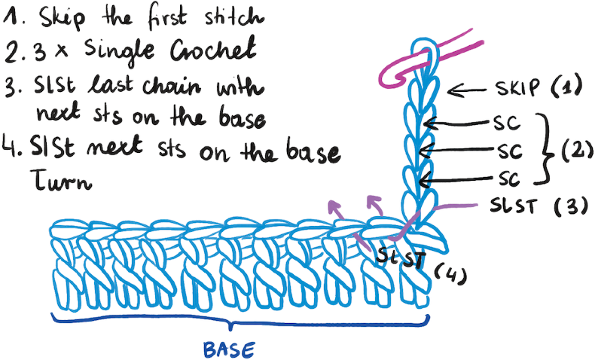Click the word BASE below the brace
pyautogui.click(x=229, y=349)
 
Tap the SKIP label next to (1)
pyautogui.click(x=517, y=87)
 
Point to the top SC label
pyautogui.click(x=507, y=123)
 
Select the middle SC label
pyautogui.click(x=510, y=151)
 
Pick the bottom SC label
pyautogui.click(x=509, y=178)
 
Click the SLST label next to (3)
pyautogui.click(x=513, y=206)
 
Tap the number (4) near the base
pyautogui.click(x=450, y=274)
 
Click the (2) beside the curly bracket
pyautogui.click(x=577, y=151)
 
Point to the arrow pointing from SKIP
pyautogui.click(x=467, y=91)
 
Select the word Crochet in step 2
pyautogui.click(x=212, y=49)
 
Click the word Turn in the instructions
pyautogui.click(x=61, y=179)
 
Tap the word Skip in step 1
pyautogui.click(x=62, y=18)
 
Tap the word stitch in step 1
pyautogui.click(x=234, y=18)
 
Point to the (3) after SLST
pyautogui.click(x=571, y=208)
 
